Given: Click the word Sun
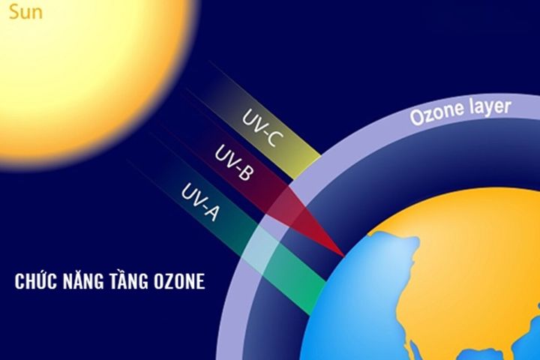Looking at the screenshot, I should pos(21,13).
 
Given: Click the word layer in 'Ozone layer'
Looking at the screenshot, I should pos(488,107).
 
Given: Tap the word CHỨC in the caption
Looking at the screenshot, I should pos(37,281).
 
